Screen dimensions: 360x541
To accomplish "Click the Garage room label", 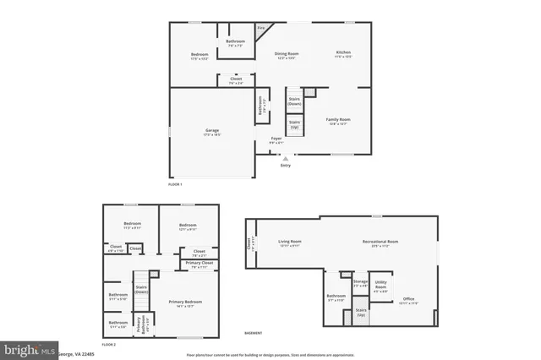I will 212,130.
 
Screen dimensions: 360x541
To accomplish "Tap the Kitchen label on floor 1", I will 343,53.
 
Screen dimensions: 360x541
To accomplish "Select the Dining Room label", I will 287,53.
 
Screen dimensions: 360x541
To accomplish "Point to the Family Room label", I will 339,120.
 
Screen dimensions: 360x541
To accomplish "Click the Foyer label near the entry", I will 276,139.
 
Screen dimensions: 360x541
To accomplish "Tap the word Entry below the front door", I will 285,165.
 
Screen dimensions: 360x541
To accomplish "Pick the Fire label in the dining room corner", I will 260,28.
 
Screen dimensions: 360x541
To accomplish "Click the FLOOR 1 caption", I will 175,183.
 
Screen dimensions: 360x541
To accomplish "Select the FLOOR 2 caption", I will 108,345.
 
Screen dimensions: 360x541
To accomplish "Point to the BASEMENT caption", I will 253,332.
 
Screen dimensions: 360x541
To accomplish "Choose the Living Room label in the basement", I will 290,242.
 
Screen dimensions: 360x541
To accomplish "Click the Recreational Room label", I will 380,242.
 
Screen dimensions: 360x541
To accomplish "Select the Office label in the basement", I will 408,298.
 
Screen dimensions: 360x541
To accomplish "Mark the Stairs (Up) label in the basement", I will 361,313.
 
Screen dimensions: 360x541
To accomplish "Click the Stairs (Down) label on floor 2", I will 141,288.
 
